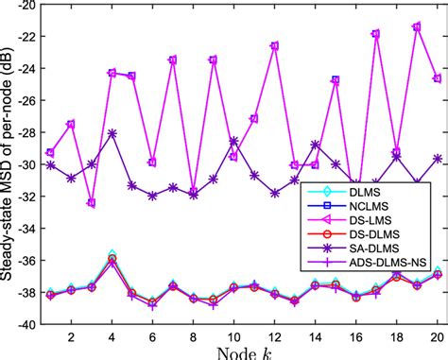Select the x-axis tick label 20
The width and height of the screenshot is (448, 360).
pyautogui.click(x=437, y=335)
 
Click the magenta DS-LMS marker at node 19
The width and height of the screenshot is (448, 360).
pyautogui.click(x=417, y=27)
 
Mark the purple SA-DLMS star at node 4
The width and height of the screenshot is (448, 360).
pyautogui.click(x=112, y=134)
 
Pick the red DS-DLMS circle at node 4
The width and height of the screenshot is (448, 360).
pyautogui.click(x=112, y=258)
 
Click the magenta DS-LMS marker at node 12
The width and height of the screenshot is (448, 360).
pyautogui.click(x=274, y=45)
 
